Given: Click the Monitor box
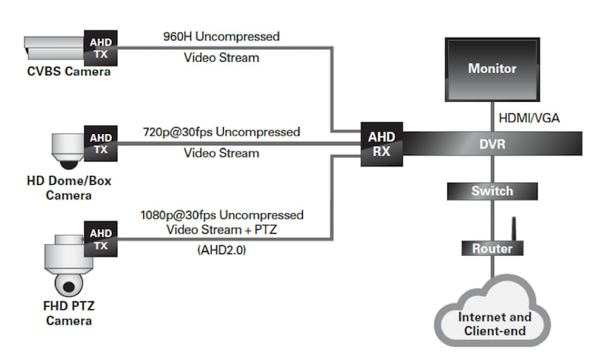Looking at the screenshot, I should [492, 69].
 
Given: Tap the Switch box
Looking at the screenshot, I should [492, 191].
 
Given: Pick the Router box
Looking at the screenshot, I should [492, 248].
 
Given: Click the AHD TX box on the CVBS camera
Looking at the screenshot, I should [100, 48].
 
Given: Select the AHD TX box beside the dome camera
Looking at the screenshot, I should [100, 143].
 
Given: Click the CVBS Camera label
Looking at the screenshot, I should [63, 73].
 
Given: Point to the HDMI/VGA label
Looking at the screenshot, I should [529, 118].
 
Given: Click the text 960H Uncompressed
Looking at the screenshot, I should [221, 36].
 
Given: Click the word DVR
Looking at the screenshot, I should [492, 143].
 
